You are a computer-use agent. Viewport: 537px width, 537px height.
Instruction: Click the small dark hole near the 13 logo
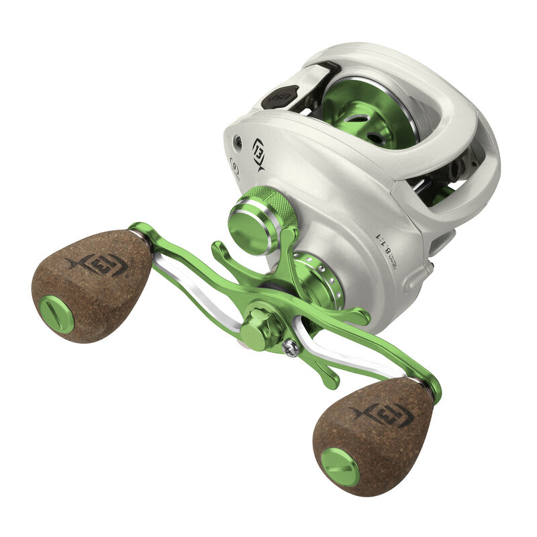pyautogui.click(x=237, y=140)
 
